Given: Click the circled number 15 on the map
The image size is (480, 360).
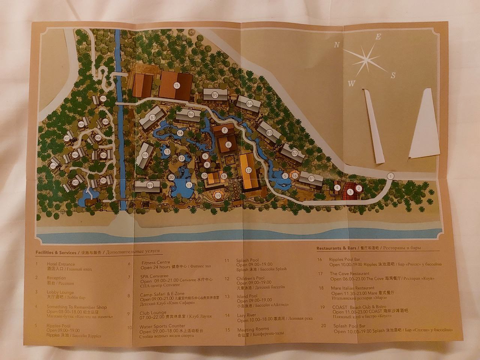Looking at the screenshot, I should [x=176, y=85].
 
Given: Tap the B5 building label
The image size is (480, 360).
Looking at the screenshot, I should [x=215, y=95].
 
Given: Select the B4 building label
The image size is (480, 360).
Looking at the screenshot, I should [x=249, y=103].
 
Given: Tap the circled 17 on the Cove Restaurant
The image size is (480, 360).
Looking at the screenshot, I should [x=248, y=170].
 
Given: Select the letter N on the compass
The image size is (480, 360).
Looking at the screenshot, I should [x=337, y=45].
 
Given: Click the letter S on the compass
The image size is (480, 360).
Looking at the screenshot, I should [x=393, y=75].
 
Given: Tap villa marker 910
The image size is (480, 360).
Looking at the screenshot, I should [x=102, y=99].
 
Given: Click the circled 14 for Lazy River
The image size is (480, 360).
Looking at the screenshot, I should [x=180, y=133].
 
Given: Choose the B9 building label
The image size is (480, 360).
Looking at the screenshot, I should [x=150, y=185].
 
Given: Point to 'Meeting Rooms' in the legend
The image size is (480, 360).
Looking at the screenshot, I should [x=253, y=329].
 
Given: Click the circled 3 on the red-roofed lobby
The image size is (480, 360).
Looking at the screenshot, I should [x=350, y=192].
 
